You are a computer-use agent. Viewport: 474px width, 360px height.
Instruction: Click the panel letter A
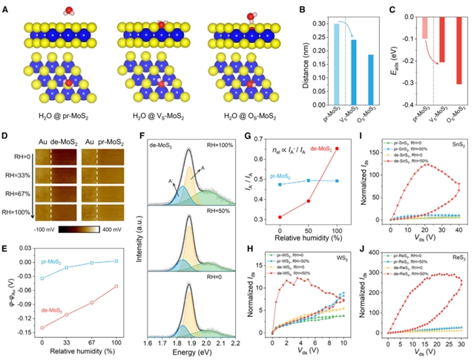tap(6, 6)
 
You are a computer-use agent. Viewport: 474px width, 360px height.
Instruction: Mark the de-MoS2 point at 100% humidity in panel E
tap(116, 287)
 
